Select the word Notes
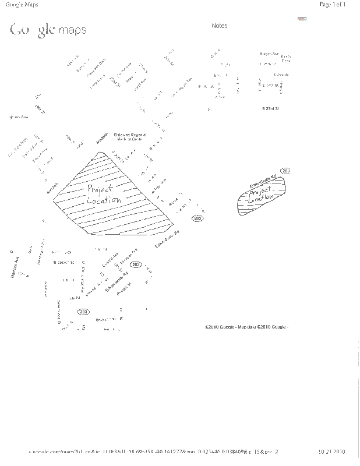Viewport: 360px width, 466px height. (x=220, y=26)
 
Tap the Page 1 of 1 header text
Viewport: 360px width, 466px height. (x=333, y=4)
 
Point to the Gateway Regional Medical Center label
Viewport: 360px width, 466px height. (x=129, y=136)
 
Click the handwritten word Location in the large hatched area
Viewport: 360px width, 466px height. (x=104, y=200)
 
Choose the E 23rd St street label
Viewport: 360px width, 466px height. (x=271, y=108)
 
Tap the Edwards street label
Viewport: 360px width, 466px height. (x=281, y=75)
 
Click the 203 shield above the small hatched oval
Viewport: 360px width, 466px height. (x=285, y=170)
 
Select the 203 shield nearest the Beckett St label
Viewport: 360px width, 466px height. (x=83, y=312)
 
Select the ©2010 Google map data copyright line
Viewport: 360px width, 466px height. (x=246, y=327)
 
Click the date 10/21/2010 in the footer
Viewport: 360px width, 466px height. (x=332, y=451)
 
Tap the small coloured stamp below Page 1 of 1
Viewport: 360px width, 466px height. (x=302, y=19)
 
